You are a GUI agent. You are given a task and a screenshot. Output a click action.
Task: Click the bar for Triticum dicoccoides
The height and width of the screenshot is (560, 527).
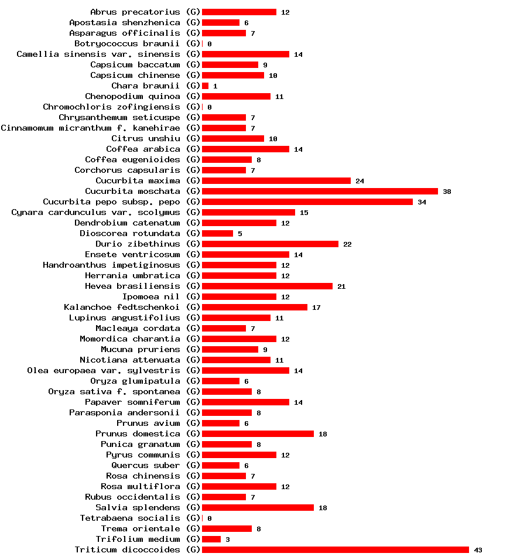(x=335, y=549)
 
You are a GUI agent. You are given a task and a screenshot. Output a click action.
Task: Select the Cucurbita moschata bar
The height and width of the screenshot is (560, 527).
(x=320, y=191)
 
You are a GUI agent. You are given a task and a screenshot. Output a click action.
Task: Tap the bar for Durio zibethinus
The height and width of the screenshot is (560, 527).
(x=270, y=244)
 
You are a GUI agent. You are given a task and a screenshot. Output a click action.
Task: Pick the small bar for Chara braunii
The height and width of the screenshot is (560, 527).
(x=205, y=86)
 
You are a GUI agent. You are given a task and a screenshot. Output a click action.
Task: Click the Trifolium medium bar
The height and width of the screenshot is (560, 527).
(x=211, y=539)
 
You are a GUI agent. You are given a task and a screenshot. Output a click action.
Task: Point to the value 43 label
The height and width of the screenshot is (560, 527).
(x=478, y=550)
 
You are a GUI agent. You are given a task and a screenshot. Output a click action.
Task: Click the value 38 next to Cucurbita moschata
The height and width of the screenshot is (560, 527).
(x=447, y=192)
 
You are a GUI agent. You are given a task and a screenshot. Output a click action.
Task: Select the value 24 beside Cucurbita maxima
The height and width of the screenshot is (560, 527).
(x=360, y=181)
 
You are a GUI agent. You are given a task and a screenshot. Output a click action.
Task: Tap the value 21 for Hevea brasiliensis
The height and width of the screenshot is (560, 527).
(x=341, y=286)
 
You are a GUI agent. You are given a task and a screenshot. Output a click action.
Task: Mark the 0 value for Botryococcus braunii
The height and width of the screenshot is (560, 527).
(x=209, y=44)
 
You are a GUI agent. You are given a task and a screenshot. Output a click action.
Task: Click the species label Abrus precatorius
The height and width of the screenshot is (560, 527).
(x=135, y=12)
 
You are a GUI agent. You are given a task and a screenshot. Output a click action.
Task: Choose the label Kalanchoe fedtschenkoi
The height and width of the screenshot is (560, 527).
(x=122, y=307)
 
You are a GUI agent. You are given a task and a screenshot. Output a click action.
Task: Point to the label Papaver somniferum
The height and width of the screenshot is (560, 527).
(x=132, y=402)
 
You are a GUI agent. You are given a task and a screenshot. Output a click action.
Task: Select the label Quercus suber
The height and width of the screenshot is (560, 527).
(x=146, y=465)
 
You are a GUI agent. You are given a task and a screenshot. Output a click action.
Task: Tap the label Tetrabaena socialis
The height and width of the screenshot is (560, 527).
(x=130, y=518)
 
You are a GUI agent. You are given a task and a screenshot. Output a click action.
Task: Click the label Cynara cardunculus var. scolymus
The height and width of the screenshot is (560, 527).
(x=95, y=212)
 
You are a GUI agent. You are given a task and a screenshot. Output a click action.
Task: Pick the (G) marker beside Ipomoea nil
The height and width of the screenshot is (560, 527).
(x=193, y=296)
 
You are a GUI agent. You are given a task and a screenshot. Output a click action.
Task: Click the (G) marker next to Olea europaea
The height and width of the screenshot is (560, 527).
(x=193, y=370)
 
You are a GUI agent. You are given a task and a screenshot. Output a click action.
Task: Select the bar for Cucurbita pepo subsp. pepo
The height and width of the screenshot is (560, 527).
(x=307, y=202)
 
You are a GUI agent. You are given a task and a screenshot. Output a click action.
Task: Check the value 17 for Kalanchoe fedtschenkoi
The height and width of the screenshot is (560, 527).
(x=316, y=308)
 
